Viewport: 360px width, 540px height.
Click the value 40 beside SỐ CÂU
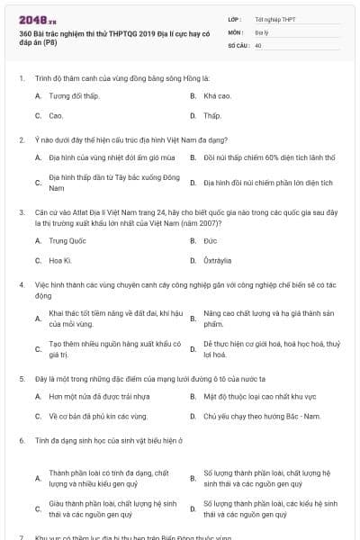pyautogui.click(x=258, y=44)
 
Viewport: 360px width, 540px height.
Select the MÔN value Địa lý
pyautogui.click(x=261, y=31)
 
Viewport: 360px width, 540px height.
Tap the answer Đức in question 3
pyautogui.click(x=211, y=240)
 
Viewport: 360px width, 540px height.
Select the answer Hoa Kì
pyautogui.click(x=60, y=261)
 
